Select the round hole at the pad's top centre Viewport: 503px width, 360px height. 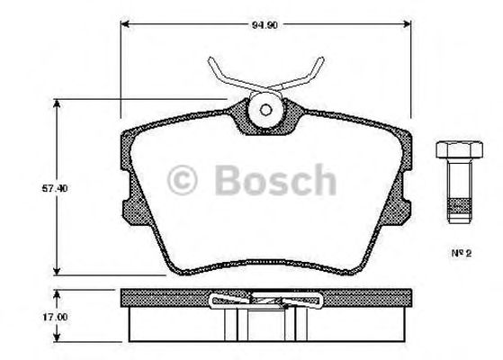[x=266, y=111]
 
